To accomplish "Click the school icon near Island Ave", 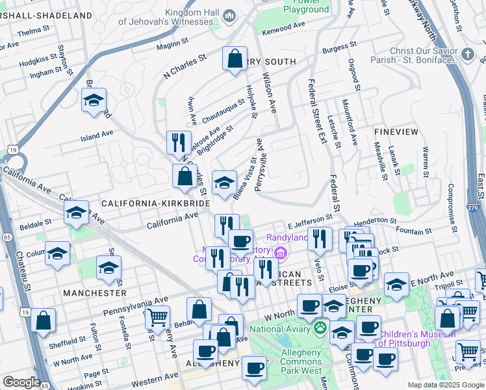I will [94, 100].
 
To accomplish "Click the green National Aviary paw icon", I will [320, 328].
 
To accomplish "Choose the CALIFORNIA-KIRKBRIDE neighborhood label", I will [155, 203].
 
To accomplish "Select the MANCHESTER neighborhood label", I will [95, 293].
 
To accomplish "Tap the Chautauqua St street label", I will [222, 112].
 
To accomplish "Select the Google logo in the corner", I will [21, 382].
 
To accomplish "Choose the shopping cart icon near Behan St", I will [157, 317].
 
